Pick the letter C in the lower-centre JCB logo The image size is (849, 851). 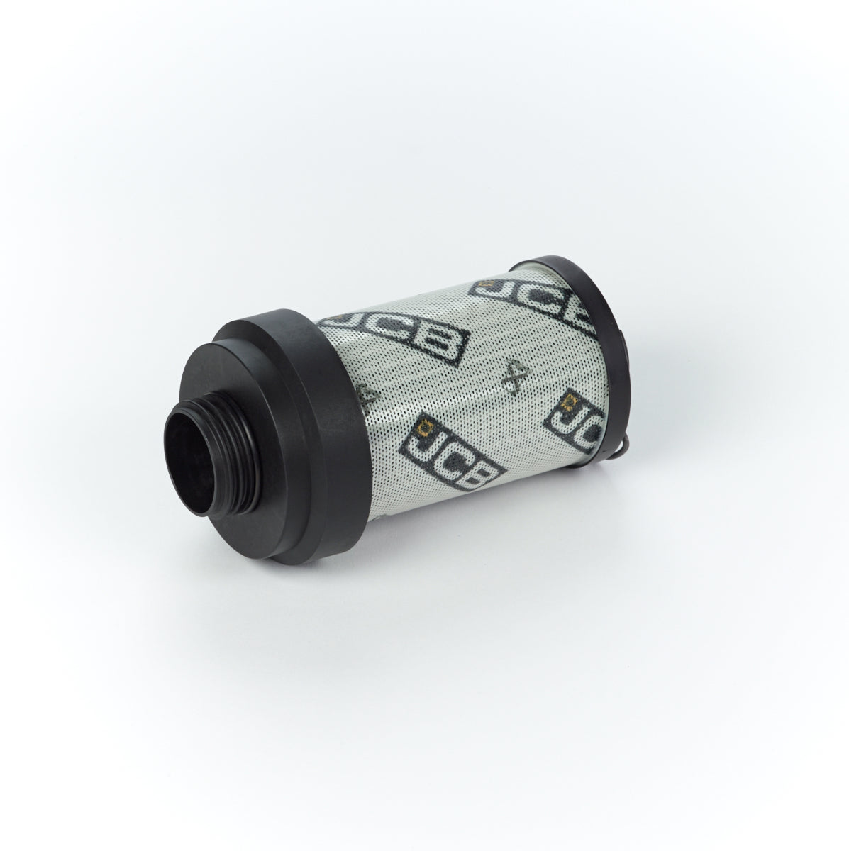click(441, 461)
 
